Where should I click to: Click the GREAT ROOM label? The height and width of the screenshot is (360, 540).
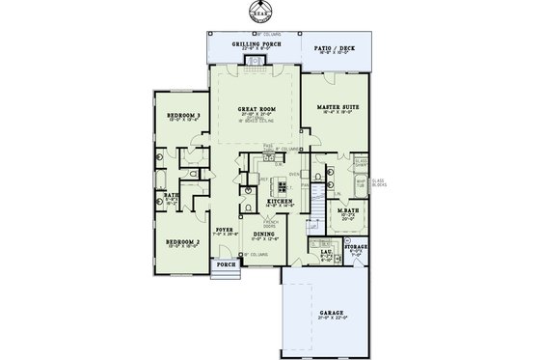(256, 110)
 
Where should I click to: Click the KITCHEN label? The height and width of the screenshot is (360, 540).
(282, 202)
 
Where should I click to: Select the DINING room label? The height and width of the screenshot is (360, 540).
(263, 234)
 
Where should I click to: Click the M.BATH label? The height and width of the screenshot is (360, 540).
(348, 210)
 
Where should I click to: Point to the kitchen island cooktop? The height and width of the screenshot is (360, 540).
(283, 183)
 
